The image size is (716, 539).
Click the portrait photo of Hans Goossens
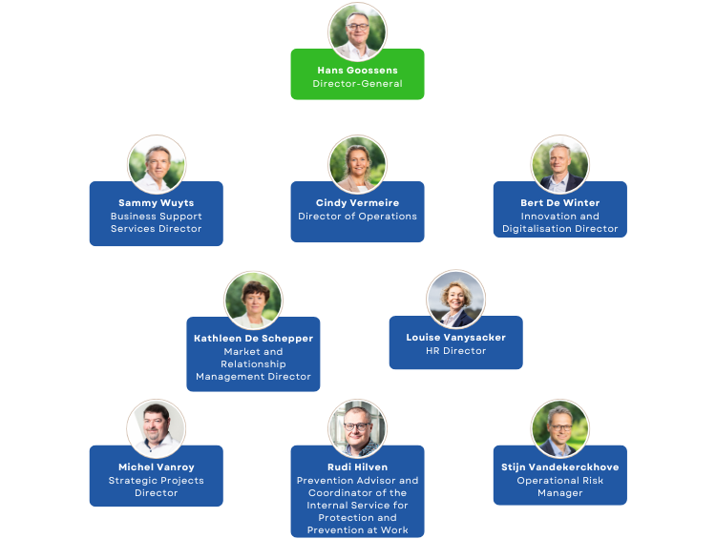click(x=357, y=31)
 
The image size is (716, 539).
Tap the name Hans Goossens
click(x=357, y=71)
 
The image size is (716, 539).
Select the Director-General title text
click(x=357, y=84)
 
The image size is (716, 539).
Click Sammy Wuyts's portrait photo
click(x=157, y=164)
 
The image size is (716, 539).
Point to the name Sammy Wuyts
click(x=157, y=203)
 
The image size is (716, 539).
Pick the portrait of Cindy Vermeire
click(x=357, y=164)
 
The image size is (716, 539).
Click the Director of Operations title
click(x=357, y=217)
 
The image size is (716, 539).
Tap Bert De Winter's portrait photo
click(x=560, y=164)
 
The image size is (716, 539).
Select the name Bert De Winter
click(x=560, y=203)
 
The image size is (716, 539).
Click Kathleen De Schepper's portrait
click(x=253, y=300)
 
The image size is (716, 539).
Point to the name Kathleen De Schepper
click(x=253, y=339)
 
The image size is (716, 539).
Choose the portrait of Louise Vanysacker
click(x=455, y=299)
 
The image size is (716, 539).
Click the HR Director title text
click(x=455, y=351)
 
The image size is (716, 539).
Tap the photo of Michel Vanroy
click(x=157, y=428)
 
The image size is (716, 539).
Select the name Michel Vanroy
click(x=157, y=467)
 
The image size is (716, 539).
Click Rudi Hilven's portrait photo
click(x=357, y=428)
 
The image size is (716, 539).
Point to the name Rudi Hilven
click(x=357, y=467)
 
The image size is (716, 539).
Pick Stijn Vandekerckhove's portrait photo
click(x=560, y=428)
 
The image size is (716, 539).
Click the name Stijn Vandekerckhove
click(x=560, y=467)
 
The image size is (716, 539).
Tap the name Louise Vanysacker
click(x=455, y=338)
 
